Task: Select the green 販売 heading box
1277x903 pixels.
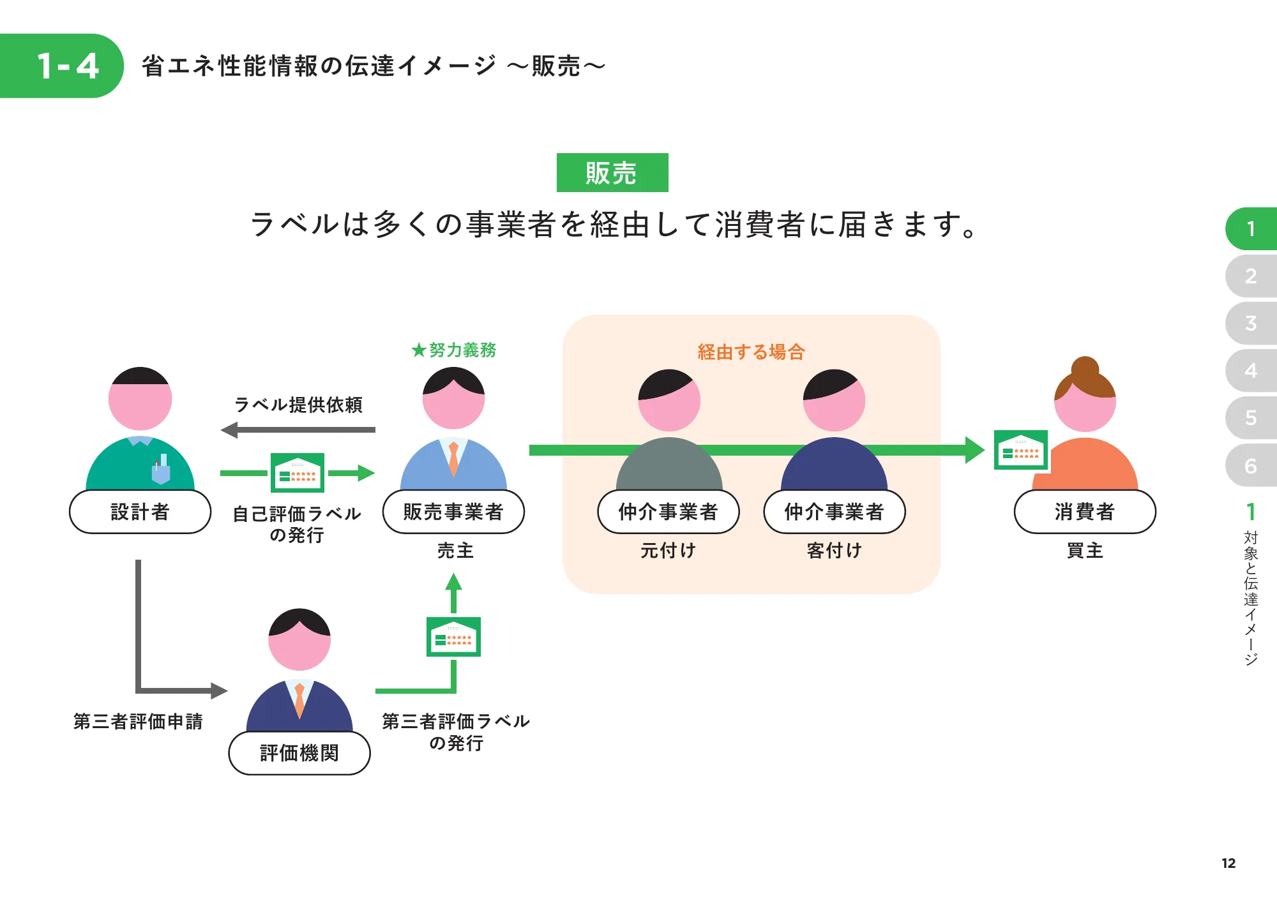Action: coord(612,173)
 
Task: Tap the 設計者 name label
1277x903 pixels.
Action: coord(140,512)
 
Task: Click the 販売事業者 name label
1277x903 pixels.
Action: coord(453,512)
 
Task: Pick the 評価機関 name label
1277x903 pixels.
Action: coord(299,753)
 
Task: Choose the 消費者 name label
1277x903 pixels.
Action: coord(1084,512)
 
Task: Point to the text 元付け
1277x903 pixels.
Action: coord(668,550)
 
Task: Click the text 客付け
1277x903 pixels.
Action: coord(834,550)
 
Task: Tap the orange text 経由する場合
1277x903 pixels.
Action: coord(751,352)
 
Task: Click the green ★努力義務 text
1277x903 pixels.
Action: coord(454,350)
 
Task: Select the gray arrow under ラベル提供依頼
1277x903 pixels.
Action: coord(298,430)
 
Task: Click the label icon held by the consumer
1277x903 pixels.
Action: coord(1020,450)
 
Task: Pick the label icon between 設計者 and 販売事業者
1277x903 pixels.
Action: coord(298,473)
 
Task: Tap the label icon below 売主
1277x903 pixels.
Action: coord(453,637)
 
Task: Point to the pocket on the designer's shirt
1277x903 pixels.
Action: coord(161,473)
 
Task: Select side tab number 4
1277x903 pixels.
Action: coord(1251,371)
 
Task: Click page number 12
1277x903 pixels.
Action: coord(1228,863)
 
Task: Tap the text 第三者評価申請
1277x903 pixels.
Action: coord(138,721)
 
